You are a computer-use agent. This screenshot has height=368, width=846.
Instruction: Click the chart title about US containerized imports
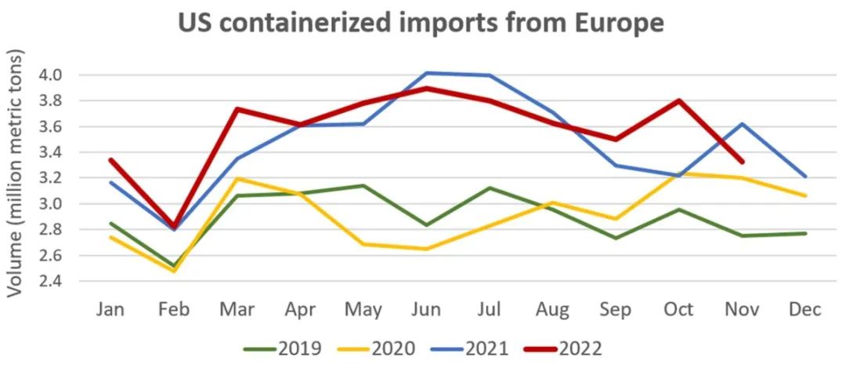click(x=421, y=23)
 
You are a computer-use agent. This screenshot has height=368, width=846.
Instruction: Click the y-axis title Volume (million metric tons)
click(x=16, y=173)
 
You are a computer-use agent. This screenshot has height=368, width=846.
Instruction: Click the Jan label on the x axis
click(x=110, y=310)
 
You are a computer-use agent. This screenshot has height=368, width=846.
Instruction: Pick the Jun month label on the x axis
click(x=427, y=310)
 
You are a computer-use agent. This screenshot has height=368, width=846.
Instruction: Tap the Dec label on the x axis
click(x=805, y=310)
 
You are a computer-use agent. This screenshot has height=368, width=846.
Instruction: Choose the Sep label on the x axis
click(x=616, y=310)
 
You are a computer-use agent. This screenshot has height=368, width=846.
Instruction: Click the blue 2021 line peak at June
click(x=427, y=73)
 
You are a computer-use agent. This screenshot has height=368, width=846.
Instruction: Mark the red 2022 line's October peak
click(x=679, y=100)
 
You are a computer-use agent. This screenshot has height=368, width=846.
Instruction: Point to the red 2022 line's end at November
click(x=742, y=162)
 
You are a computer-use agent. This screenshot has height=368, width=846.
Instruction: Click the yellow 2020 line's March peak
click(x=237, y=178)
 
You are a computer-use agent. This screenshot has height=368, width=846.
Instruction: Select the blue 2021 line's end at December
click(x=805, y=177)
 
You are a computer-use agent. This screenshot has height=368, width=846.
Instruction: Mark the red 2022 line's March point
click(x=237, y=109)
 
